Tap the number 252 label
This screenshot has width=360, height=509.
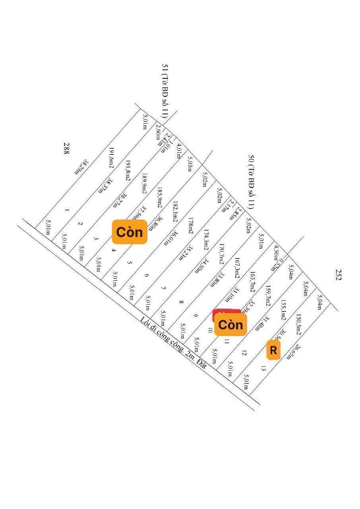point(338,275)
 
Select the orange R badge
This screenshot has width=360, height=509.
point(273,350)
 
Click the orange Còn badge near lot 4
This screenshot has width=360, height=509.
point(130,232)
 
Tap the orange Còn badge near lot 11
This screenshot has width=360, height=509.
point(230,324)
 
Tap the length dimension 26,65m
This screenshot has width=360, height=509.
point(299,352)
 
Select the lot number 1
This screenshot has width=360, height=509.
point(67,210)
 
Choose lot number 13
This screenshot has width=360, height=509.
point(263,368)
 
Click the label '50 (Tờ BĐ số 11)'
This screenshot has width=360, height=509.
point(251,182)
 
